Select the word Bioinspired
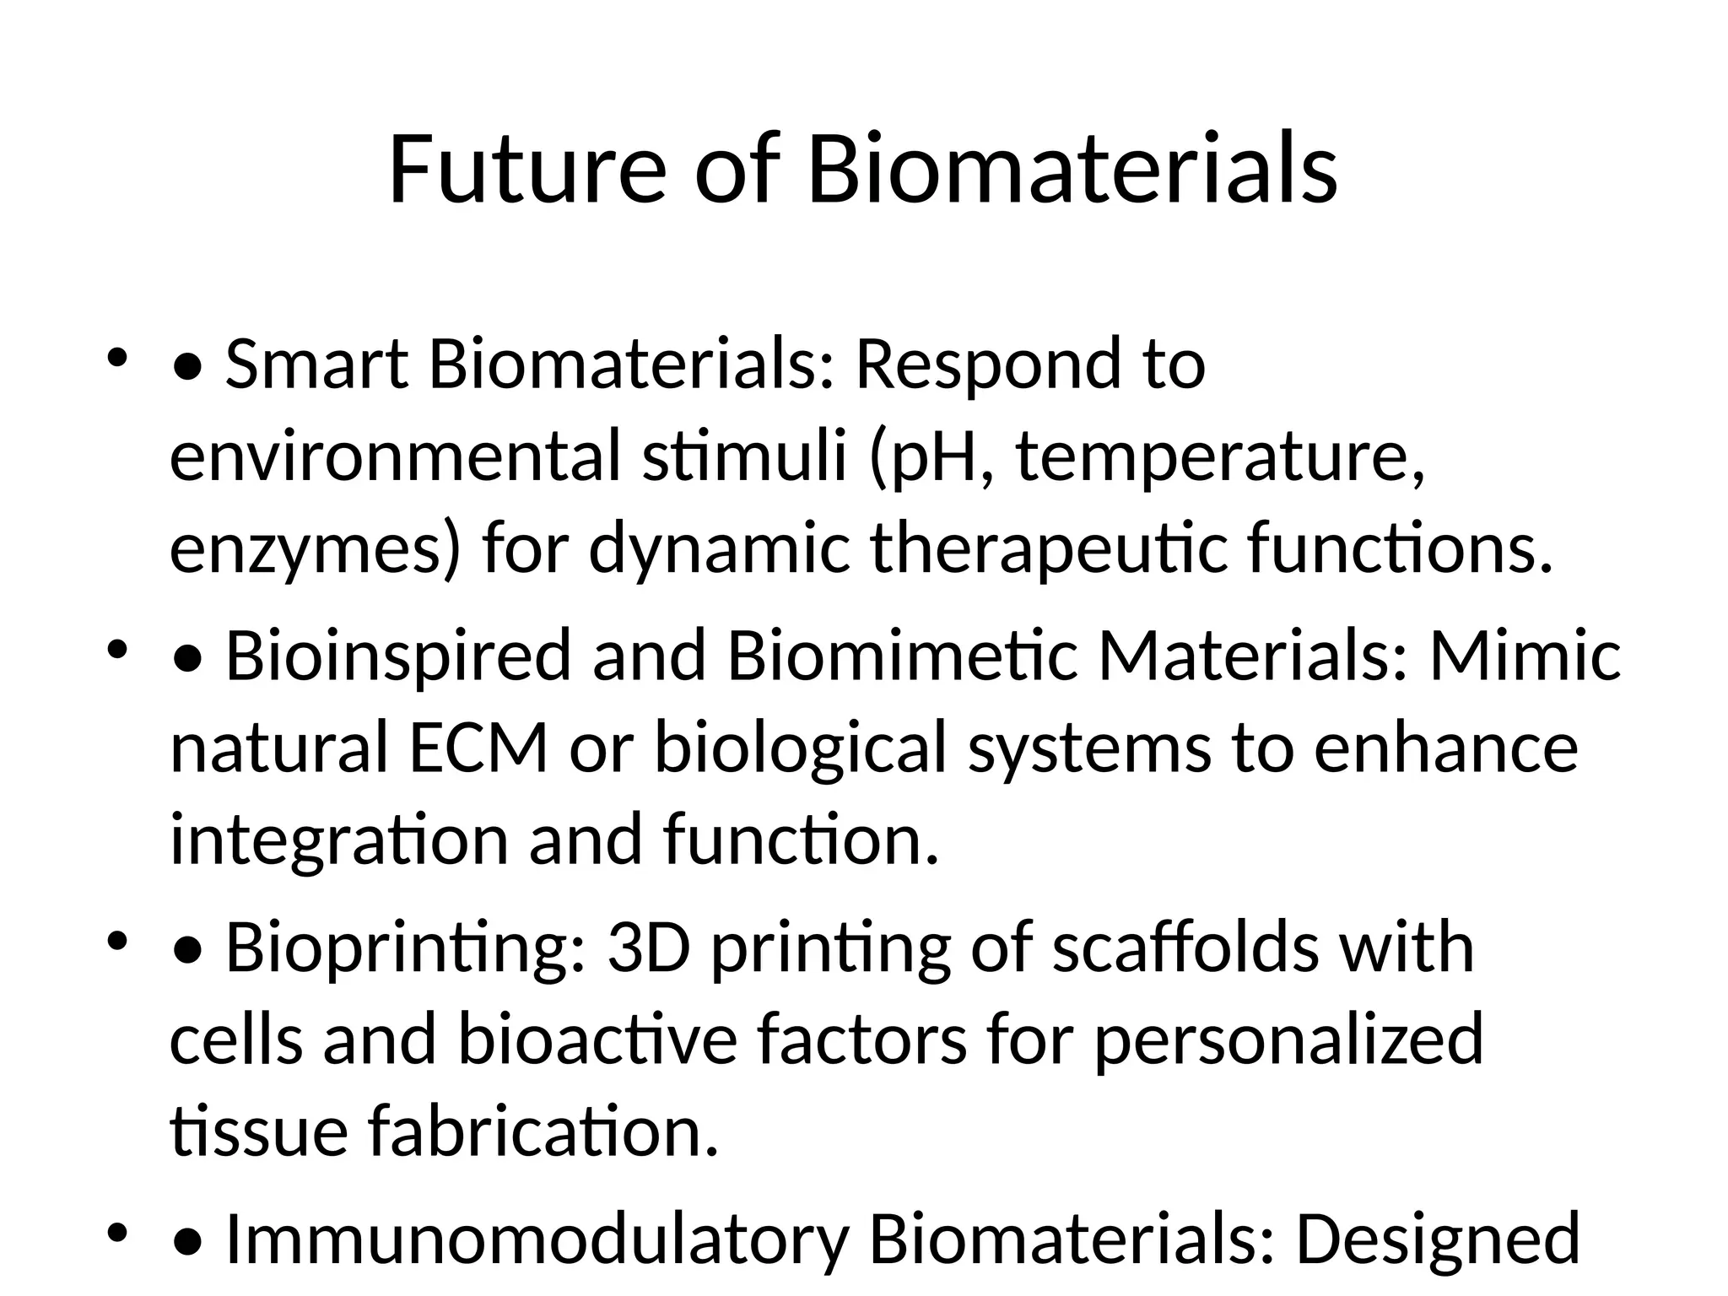[399, 656]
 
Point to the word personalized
[1288, 1039]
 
